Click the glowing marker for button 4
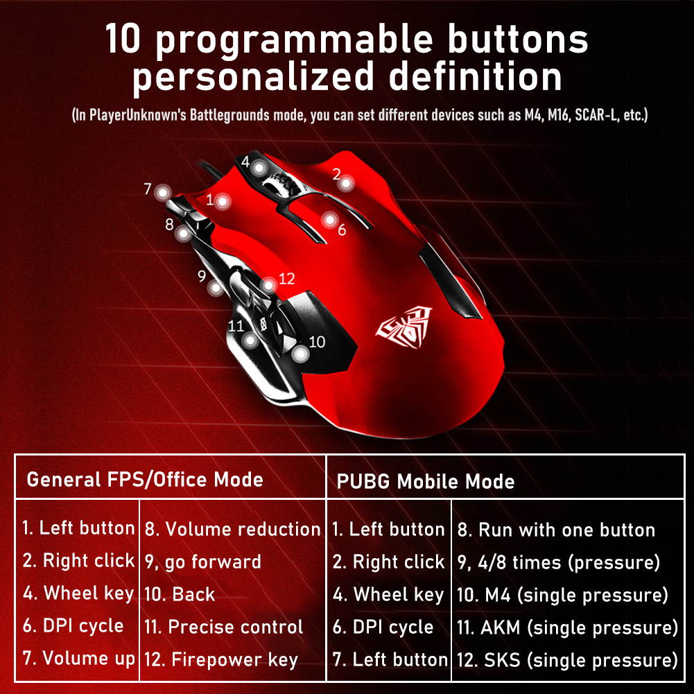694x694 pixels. coord(259,168)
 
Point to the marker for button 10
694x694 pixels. coord(300,354)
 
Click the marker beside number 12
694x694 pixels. coord(269,285)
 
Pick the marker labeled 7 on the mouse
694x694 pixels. coord(163,192)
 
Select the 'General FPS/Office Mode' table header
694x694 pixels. coord(145,479)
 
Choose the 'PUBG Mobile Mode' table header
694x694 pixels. coord(426,481)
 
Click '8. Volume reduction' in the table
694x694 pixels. coord(232,530)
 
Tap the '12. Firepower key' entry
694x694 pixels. coord(220,659)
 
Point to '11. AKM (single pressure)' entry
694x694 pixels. coord(567,627)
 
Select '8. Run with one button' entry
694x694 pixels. coord(556,530)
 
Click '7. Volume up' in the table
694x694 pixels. coord(78,657)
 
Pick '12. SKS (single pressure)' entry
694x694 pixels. coord(567,659)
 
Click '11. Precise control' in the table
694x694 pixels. coord(223,627)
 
